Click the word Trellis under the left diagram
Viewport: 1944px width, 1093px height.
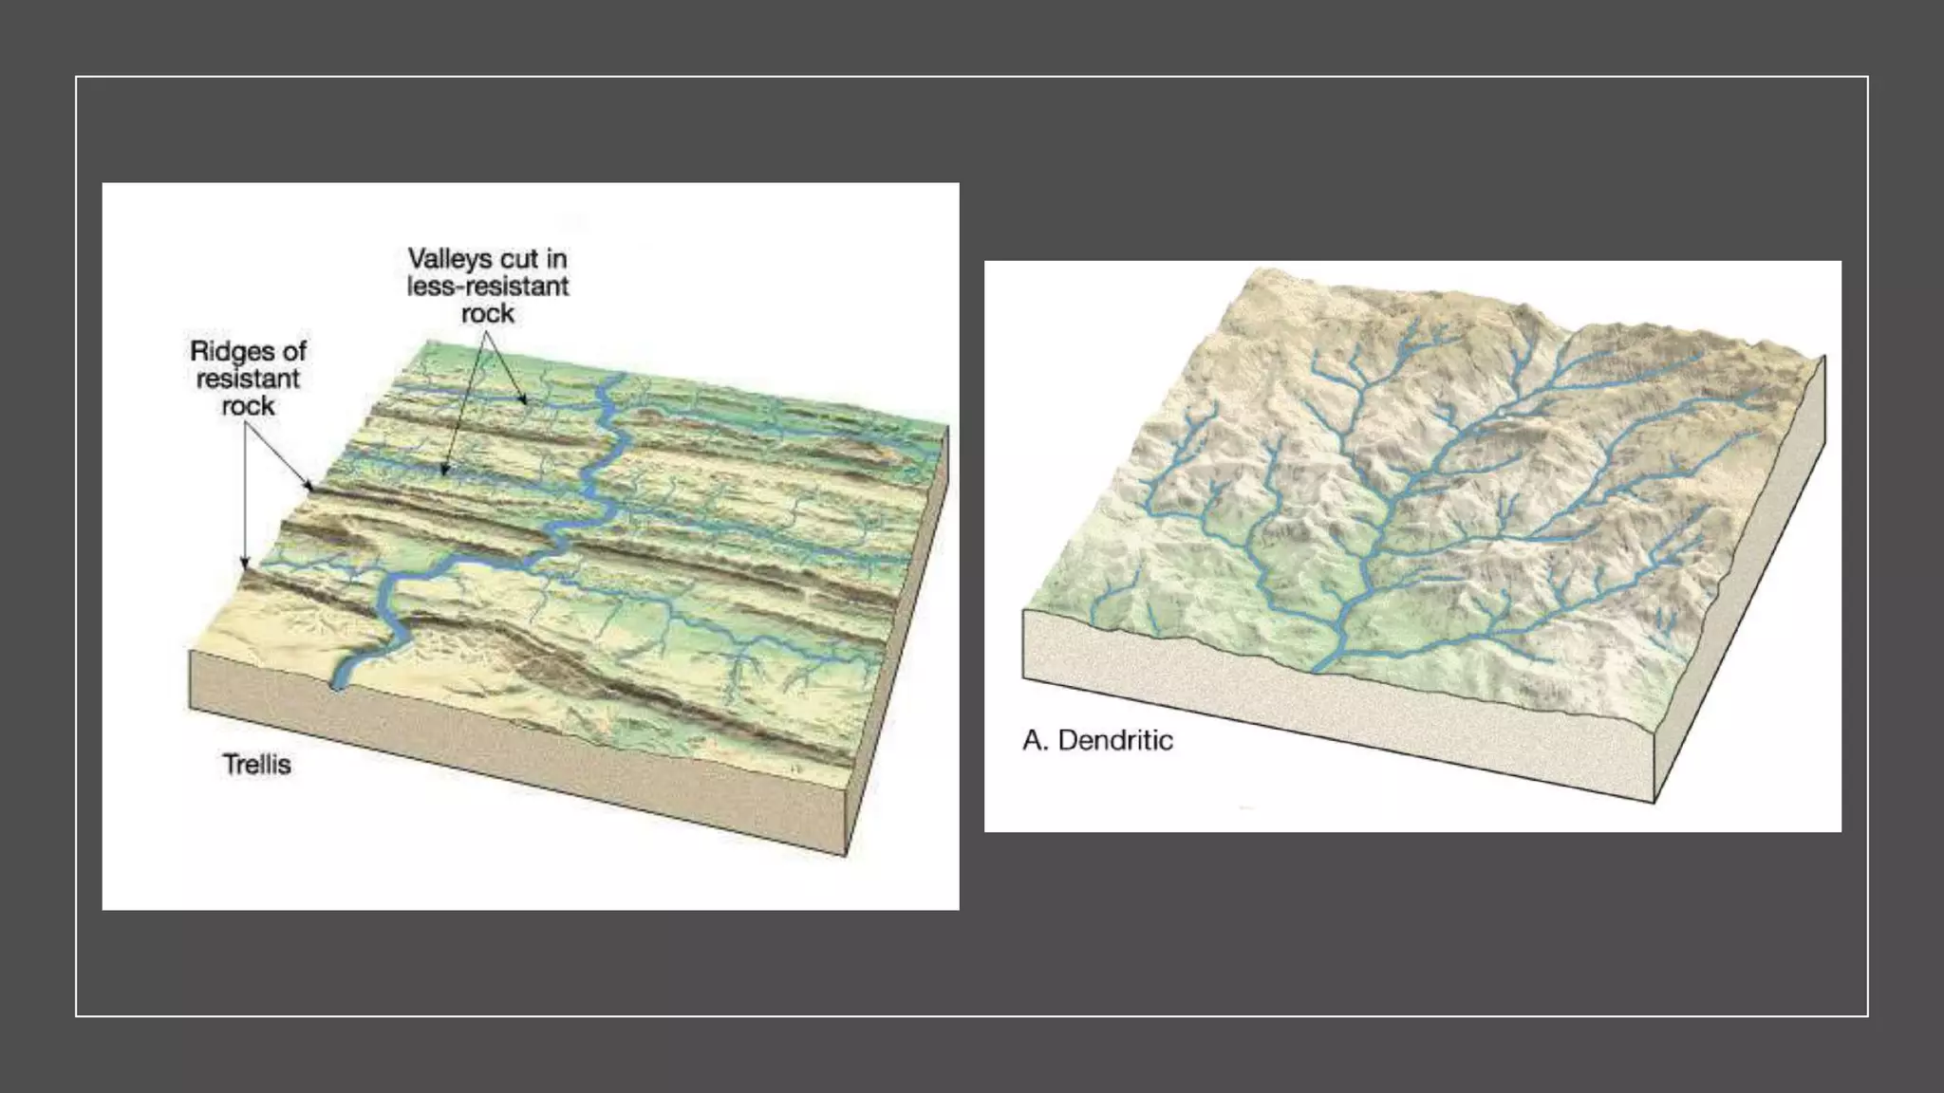coord(256,765)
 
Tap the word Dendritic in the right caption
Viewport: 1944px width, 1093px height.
coord(1115,740)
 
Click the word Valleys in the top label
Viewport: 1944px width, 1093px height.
coord(450,259)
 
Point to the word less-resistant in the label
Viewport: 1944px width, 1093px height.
coord(488,287)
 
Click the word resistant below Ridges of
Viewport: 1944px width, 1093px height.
coord(248,379)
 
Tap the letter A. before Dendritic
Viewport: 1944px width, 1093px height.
coord(1035,740)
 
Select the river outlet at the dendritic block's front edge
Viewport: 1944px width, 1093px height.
coord(1318,669)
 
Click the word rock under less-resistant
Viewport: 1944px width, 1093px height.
coord(488,314)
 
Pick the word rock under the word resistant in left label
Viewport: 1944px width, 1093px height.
coord(248,406)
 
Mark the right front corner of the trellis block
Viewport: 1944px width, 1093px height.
coord(845,854)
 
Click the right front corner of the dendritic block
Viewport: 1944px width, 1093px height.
coord(1654,802)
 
